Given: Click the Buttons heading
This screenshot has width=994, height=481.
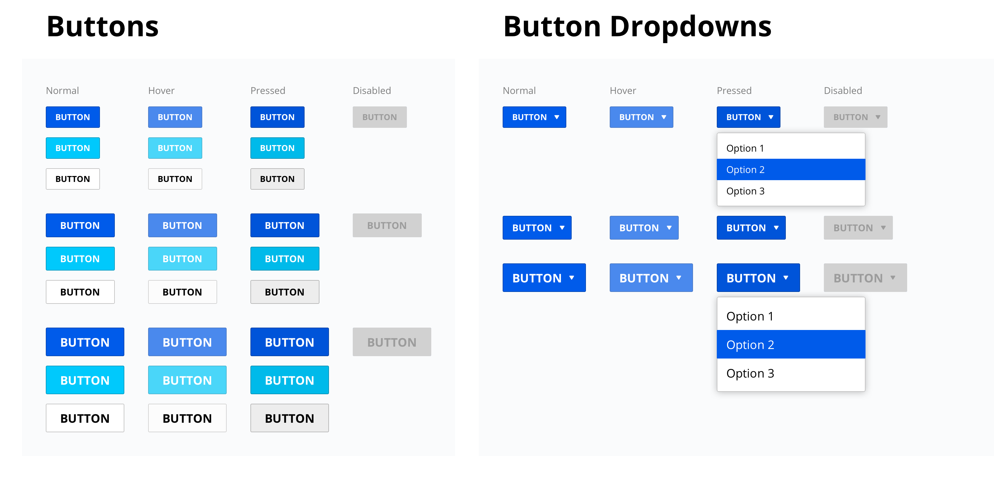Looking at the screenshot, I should click(x=103, y=27).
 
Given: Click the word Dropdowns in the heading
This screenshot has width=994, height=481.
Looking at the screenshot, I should click(x=690, y=27).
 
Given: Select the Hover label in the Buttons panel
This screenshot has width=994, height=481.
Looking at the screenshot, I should click(x=161, y=91).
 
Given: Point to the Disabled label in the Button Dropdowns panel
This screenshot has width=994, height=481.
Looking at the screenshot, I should click(x=843, y=91).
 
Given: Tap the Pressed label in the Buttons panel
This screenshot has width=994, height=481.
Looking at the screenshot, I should click(x=268, y=91).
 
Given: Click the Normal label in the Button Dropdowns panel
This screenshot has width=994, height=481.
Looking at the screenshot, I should click(x=519, y=91).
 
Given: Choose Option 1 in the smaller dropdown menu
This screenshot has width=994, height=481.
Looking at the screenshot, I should click(x=745, y=148).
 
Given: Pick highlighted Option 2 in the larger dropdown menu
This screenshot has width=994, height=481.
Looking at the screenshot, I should click(x=750, y=345).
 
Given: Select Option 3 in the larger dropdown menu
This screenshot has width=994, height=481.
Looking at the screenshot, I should click(x=750, y=373).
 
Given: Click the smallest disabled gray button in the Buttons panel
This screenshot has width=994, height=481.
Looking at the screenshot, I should click(x=379, y=117).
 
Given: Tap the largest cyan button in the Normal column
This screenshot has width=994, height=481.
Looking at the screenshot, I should click(x=85, y=380).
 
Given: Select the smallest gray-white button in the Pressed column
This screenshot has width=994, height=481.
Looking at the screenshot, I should click(x=277, y=179).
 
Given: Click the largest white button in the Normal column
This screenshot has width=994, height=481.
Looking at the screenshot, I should click(x=85, y=418).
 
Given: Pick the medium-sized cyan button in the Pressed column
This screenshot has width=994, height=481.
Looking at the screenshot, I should click(x=284, y=259).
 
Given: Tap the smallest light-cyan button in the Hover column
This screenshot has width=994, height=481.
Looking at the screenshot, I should click(x=175, y=148).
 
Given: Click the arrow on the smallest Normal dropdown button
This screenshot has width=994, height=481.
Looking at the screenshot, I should click(x=556, y=117).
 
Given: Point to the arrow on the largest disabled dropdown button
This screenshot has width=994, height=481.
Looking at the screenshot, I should click(x=893, y=278).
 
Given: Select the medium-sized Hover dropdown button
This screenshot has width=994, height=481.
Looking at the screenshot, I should click(x=644, y=228).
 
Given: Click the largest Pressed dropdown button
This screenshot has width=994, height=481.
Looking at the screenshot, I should click(x=758, y=278).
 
